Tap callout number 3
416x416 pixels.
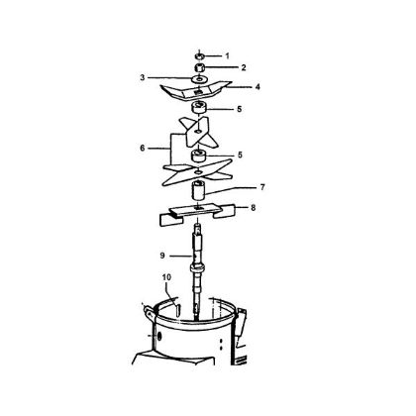point(143,76)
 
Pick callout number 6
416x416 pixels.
point(144,148)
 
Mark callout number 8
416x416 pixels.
point(254,210)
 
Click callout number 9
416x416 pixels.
point(162,255)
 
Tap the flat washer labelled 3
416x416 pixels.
point(199,78)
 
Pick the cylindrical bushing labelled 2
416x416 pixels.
point(199,66)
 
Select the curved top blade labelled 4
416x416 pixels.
point(198,92)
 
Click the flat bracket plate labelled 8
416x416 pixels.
point(199,211)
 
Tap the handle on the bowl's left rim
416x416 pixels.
point(149,311)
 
